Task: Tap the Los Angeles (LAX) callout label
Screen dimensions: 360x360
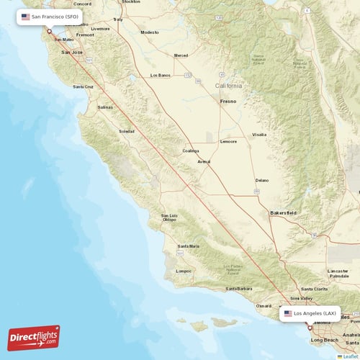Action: [310, 314]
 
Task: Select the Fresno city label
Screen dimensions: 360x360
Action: [228, 102]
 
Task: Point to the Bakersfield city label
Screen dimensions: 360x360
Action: [283, 213]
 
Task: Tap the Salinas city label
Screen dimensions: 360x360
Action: [105, 107]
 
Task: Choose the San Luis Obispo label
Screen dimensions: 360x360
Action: [169, 217]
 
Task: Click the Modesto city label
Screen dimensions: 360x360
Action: [149, 32]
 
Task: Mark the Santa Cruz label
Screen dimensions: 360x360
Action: [83, 86]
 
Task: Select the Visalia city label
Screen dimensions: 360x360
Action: [258, 135]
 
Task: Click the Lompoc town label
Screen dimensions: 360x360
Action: [184, 271]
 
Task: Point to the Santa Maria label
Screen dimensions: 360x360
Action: [189, 246]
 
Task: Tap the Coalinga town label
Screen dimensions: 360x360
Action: [191, 150]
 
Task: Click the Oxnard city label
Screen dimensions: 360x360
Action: [264, 305]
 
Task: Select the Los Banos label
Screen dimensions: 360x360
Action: [160, 75]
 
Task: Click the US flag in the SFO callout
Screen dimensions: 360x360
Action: [26, 16]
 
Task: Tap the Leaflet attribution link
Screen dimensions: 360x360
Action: [350, 356]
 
